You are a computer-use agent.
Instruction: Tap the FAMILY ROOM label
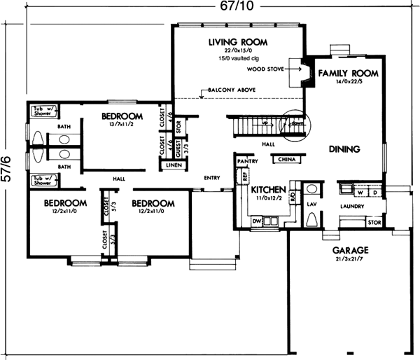(x=348, y=73)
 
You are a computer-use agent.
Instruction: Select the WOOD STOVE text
(x=263, y=70)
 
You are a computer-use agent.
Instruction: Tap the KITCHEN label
(x=268, y=190)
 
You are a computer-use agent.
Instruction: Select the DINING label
(x=343, y=149)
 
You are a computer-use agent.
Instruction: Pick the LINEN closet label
(x=173, y=165)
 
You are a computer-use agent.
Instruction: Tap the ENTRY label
(x=211, y=177)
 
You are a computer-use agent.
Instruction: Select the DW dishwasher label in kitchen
(x=256, y=222)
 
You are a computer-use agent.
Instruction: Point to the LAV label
(x=311, y=204)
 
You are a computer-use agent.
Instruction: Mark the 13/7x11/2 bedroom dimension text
(x=122, y=125)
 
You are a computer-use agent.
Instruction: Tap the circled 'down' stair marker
(x=292, y=124)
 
